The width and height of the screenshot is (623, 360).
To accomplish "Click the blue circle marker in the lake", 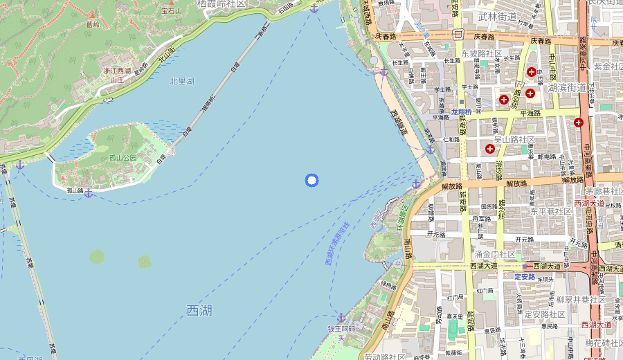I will (x=311, y=181).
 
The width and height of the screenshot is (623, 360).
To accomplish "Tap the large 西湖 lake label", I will (x=199, y=311).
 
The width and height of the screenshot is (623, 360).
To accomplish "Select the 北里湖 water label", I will (x=182, y=81).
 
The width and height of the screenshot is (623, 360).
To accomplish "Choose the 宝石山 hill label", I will (x=172, y=10).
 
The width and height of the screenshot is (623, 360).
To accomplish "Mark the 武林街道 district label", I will (x=497, y=16).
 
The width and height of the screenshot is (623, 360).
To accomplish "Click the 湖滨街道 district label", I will (x=567, y=88).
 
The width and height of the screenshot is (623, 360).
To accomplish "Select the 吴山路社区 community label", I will (x=514, y=140).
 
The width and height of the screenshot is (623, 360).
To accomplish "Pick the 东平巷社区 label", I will (x=550, y=211).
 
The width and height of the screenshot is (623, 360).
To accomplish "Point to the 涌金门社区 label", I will (x=494, y=255).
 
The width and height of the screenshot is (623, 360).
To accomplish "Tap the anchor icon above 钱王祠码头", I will (x=341, y=317).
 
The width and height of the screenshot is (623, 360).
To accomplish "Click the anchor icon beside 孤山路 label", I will (x=89, y=192).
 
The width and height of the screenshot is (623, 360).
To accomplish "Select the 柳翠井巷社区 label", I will (x=581, y=300).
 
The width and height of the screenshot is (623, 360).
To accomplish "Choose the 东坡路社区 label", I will (x=481, y=53).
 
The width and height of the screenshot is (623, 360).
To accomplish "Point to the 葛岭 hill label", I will (x=92, y=24).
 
